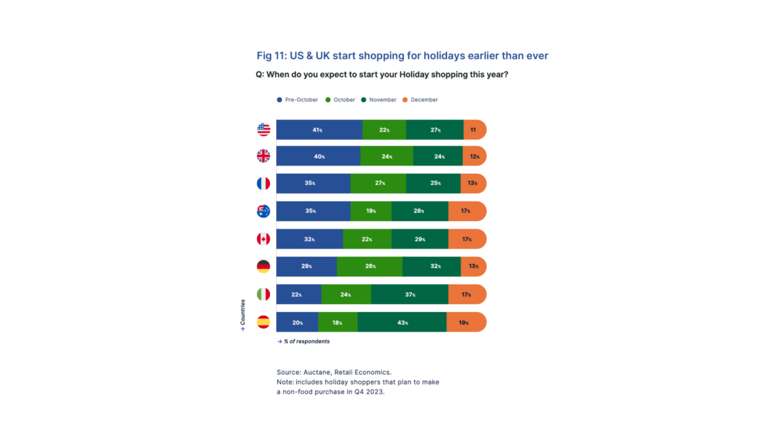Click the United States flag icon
click(x=264, y=129)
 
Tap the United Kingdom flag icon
click(x=264, y=156)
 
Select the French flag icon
click(x=264, y=183)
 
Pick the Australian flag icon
click(x=264, y=211)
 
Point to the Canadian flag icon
click(x=264, y=239)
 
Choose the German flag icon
click(x=264, y=266)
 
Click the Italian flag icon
click(x=264, y=294)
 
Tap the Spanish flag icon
click(x=264, y=322)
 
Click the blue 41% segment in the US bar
click(x=319, y=129)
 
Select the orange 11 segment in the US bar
click(x=474, y=129)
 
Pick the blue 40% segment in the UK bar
click(x=318, y=156)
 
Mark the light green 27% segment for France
click(x=378, y=183)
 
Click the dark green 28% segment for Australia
click(x=420, y=211)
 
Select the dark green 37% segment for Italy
click(x=409, y=294)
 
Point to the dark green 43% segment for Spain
click(x=402, y=322)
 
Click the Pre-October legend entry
click(x=297, y=99)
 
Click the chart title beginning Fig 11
click(x=403, y=56)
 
